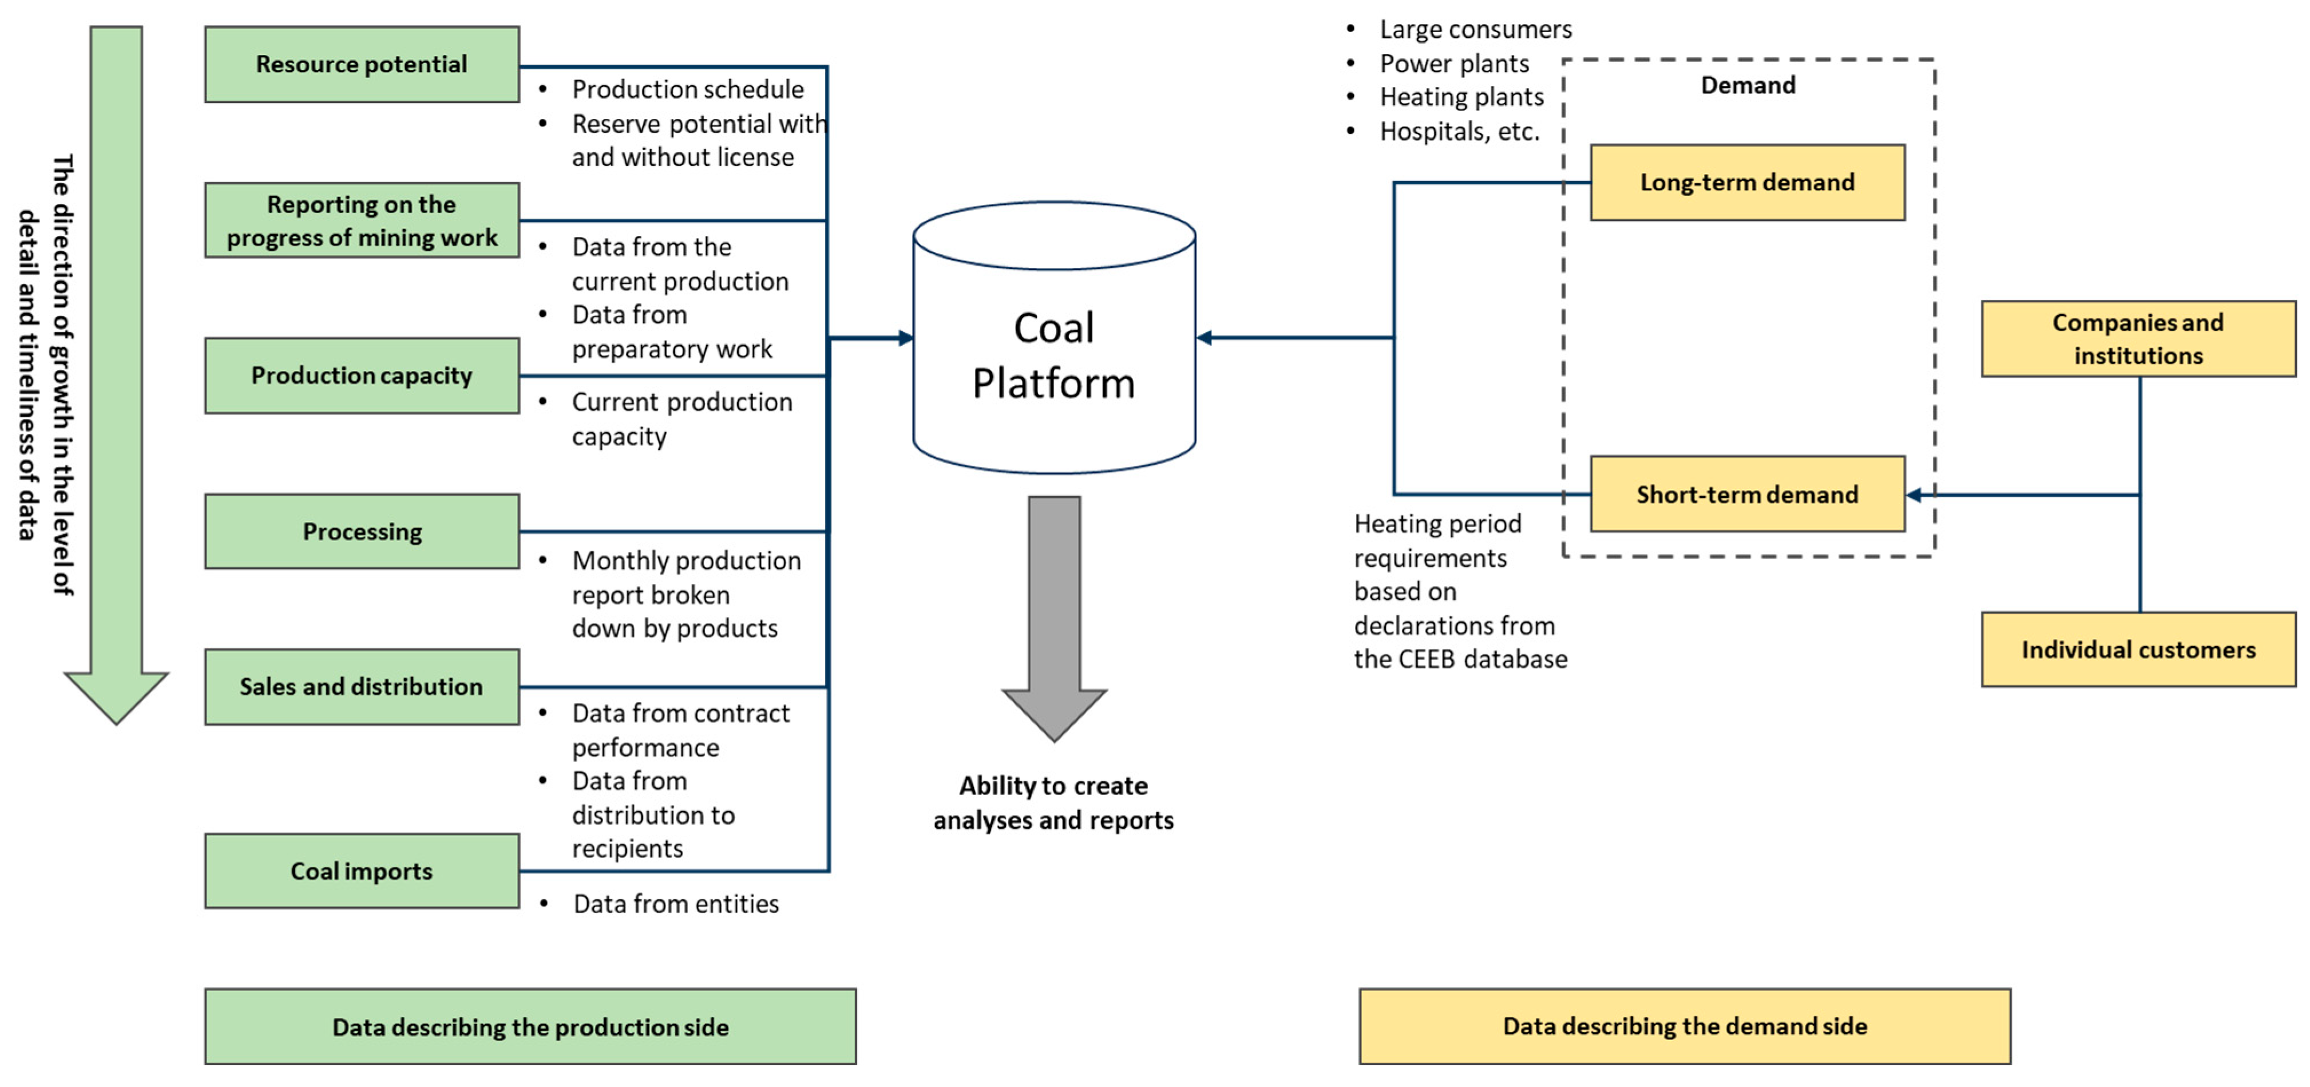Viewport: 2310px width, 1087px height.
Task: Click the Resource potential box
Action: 362,64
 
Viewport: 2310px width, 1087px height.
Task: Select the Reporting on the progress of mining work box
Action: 362,220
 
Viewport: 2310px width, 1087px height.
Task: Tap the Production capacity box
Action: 362,375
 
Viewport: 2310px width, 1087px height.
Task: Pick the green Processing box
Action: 362,531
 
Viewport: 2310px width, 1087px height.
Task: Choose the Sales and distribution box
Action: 362,686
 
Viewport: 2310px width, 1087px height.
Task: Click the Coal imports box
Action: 362,871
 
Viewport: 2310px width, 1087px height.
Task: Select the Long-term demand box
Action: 1748,182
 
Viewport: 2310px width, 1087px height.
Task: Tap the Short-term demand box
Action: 1748,493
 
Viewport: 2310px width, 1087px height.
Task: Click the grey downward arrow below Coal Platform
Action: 1053,619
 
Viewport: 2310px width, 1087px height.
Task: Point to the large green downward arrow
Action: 116,375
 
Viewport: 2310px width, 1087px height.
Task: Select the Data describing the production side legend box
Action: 530,1027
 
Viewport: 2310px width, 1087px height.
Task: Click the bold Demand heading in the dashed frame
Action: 1748,85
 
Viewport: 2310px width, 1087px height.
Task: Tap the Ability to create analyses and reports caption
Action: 1053,803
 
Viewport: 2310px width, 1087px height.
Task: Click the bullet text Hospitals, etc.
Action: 1459,131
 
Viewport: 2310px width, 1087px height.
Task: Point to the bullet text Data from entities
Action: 676,903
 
